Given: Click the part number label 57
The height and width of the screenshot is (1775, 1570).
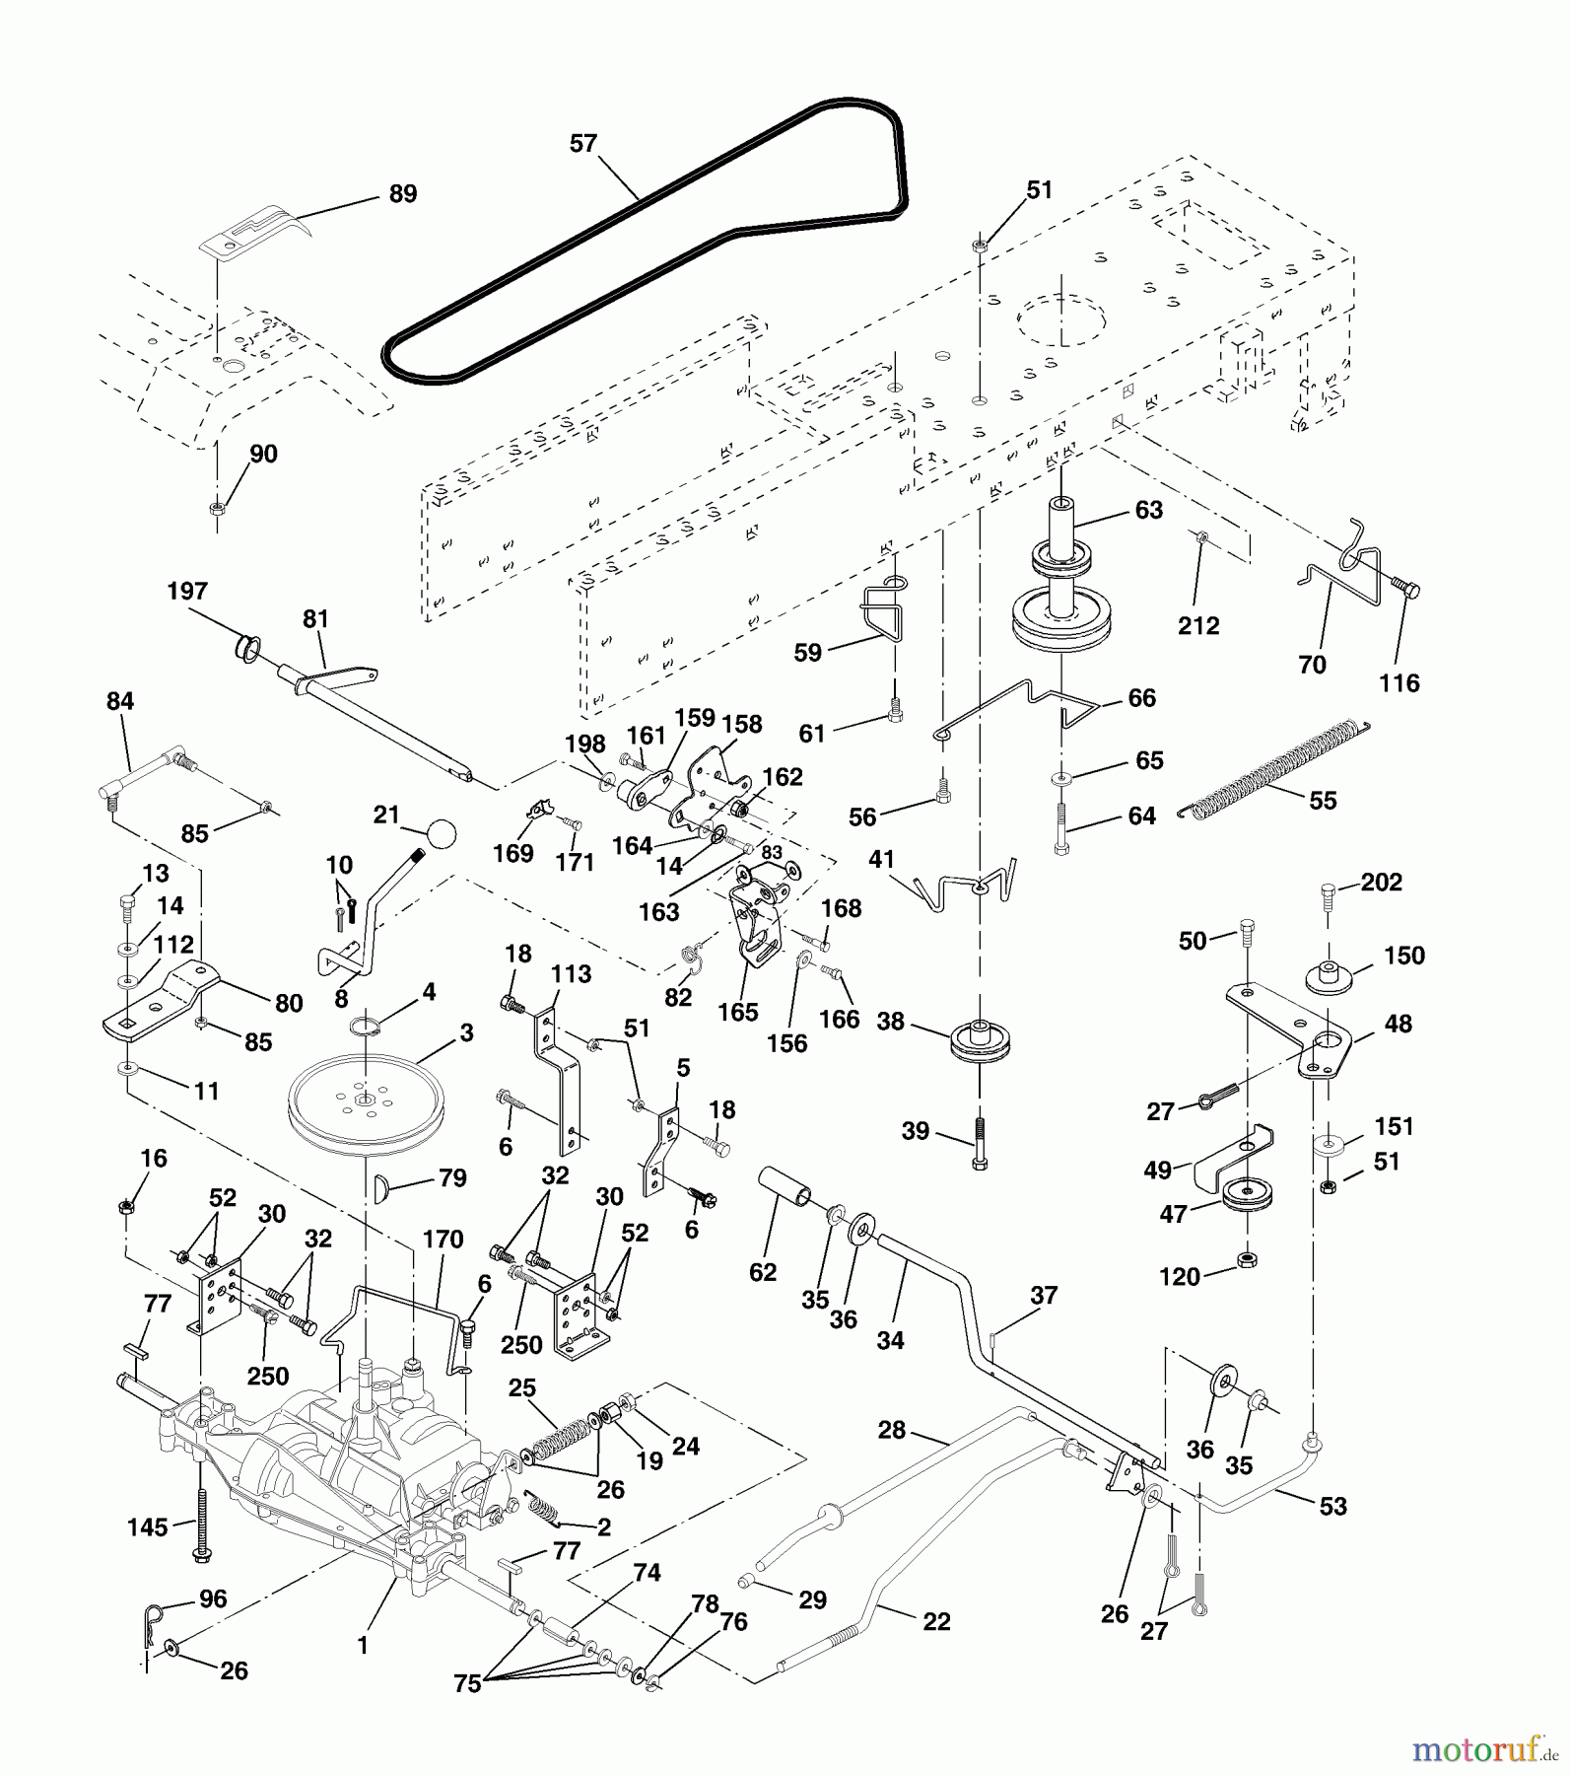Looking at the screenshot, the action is click(583, 144).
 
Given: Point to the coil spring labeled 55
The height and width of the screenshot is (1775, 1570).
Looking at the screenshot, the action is click(1275, 769).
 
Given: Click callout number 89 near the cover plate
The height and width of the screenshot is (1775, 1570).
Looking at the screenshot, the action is click(402, 193).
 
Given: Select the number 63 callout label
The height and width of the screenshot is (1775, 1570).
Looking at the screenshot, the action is click(1148, 510).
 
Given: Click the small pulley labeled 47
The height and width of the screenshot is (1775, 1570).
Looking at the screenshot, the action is click(1246, 1196).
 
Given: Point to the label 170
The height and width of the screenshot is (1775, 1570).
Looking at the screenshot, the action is click(443, 1240).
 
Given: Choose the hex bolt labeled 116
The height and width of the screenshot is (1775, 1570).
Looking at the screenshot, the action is click(1405, 589).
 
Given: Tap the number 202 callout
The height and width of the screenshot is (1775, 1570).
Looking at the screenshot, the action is click(1381, 882).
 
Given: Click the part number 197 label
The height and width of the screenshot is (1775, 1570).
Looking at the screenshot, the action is click(187, 591).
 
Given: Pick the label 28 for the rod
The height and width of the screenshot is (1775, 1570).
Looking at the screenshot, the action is click(891, 1429).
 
